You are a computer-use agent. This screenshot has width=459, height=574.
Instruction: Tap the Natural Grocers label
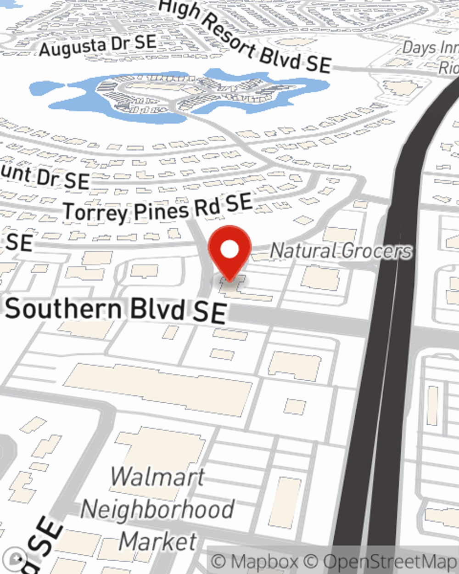point(341,251)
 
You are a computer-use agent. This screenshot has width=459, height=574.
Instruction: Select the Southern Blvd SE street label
point(116,310)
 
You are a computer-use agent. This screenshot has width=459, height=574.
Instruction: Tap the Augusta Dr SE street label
point(97,46)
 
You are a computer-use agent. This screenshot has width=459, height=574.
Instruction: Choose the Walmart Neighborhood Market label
point(157,509)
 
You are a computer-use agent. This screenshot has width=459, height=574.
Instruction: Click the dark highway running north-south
point(390,321)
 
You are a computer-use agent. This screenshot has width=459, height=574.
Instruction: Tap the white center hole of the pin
point(229,249)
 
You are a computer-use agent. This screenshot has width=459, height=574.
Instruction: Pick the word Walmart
point(157,477)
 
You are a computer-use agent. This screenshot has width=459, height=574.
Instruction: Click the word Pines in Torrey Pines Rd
point(161,211)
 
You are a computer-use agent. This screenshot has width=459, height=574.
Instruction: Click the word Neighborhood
point(157,509)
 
